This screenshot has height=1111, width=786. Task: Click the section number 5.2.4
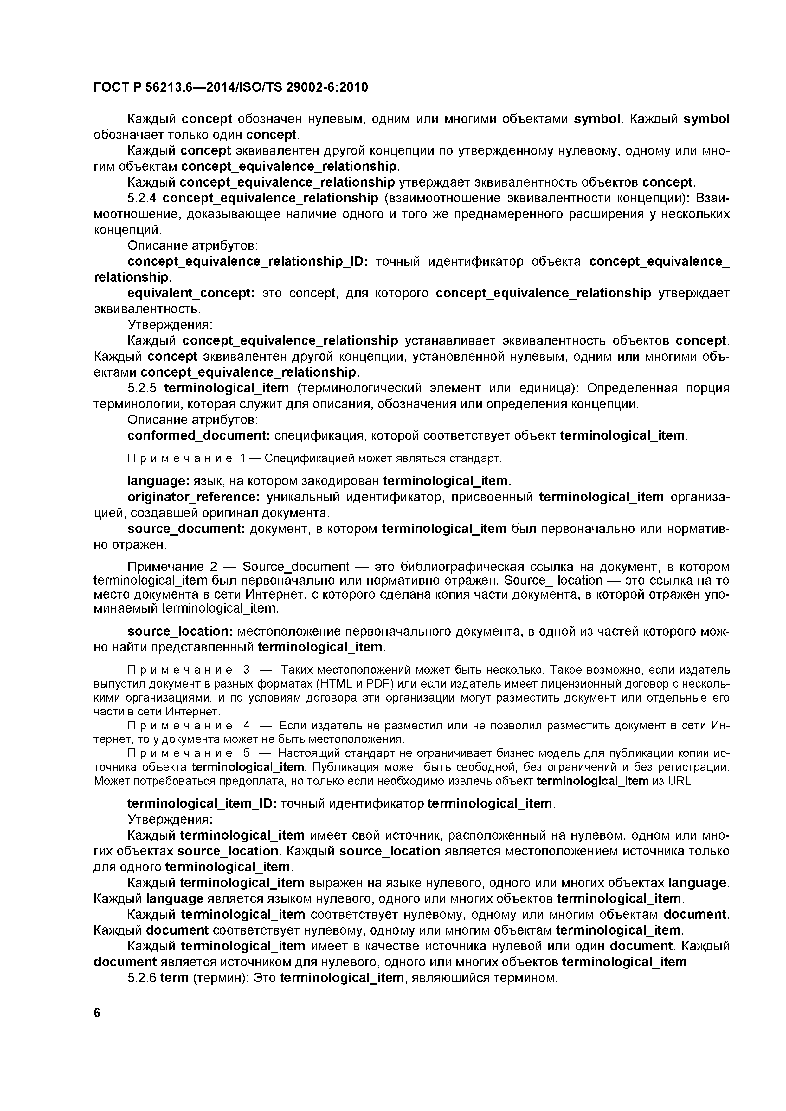[x=143, y=198]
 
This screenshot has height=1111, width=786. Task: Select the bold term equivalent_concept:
[x=191, y=293]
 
